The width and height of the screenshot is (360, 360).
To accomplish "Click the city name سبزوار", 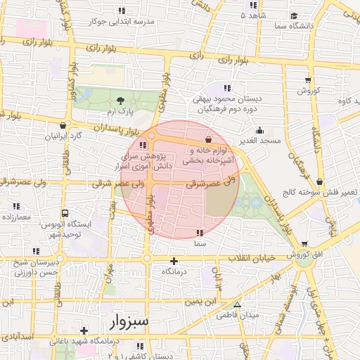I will [x=130, y=322].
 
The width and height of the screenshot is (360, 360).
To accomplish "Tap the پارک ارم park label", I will [x=115, y=112].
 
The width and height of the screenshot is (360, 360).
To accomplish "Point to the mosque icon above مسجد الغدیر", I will [x=259, y=129].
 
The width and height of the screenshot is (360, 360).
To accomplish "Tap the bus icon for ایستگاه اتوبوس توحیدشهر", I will [x=65, y=213].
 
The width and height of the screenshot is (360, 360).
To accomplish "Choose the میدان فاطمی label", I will [x=240, y=315].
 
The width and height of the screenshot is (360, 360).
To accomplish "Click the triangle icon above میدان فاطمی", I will [x=238, y=304].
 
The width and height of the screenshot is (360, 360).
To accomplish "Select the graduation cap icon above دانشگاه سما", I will [x=293, y=15].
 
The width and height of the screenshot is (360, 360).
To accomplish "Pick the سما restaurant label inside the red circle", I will [x=200, y=243].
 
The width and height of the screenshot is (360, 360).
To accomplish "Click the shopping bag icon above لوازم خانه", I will [x=208, y=139].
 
